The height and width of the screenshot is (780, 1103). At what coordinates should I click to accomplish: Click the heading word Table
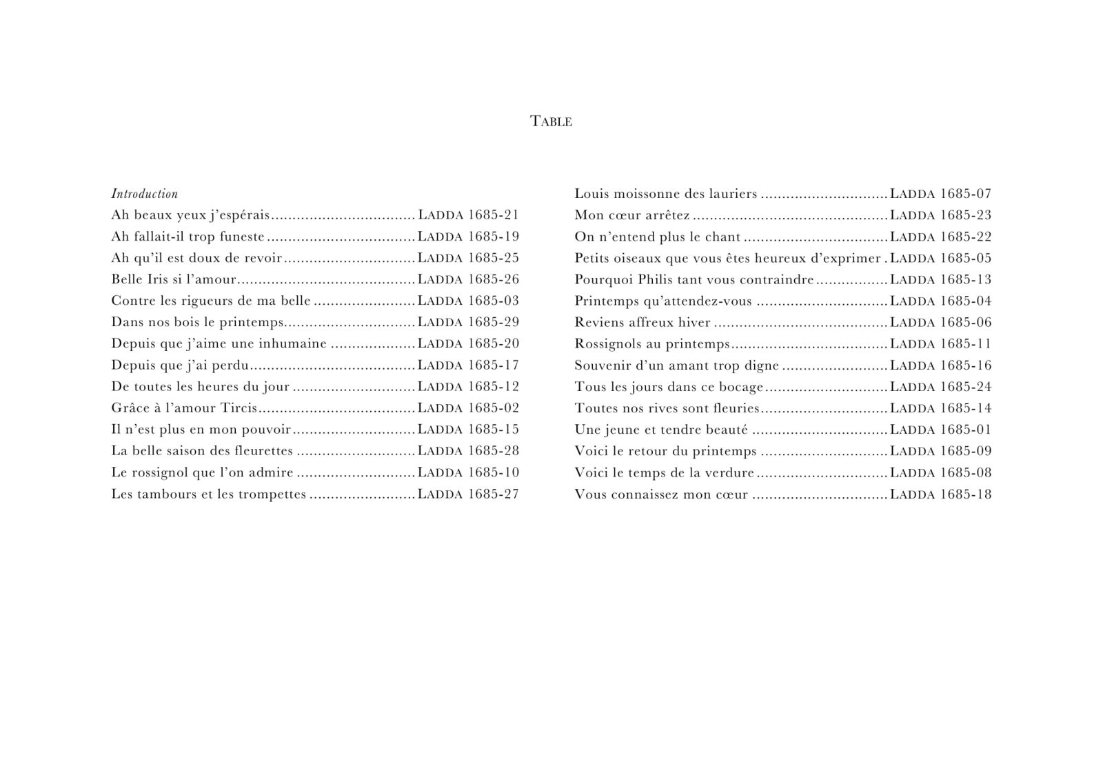(551, 121)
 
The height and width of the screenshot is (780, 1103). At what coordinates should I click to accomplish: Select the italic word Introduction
(145, 194)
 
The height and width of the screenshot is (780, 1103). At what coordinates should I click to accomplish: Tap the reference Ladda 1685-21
(468, 215)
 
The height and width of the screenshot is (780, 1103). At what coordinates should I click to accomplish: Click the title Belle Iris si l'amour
(174, 279)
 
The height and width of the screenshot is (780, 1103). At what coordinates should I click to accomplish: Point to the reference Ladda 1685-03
(468, 301)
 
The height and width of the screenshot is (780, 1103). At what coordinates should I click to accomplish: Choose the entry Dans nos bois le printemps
(198, 322)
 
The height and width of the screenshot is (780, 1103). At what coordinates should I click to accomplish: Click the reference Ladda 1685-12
(468, 386)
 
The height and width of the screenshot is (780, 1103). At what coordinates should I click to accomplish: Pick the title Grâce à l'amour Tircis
(184, 408)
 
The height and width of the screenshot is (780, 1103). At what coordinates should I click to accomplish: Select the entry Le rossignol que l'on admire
(202, 472)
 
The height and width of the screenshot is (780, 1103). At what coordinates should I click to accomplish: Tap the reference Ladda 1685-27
(468, 494)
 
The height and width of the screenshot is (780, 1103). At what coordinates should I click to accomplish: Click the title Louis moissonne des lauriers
(666, 194)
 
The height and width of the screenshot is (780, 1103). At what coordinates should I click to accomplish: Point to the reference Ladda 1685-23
(940, 215)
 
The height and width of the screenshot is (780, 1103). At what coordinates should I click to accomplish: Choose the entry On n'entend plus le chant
(657, 237)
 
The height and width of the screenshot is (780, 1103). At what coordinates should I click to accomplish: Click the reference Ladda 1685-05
(940, 258)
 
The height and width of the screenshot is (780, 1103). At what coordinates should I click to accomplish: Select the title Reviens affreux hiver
(642, 322)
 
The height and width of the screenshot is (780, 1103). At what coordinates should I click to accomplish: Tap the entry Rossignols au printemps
(652, 343)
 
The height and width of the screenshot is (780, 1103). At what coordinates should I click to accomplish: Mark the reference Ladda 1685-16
(940, 365)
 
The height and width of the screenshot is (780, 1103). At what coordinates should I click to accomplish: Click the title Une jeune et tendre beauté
(660, 430)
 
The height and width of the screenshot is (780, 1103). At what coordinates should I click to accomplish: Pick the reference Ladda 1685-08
(940, 472)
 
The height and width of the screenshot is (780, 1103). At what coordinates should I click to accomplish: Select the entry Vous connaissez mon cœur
(661, 494)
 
